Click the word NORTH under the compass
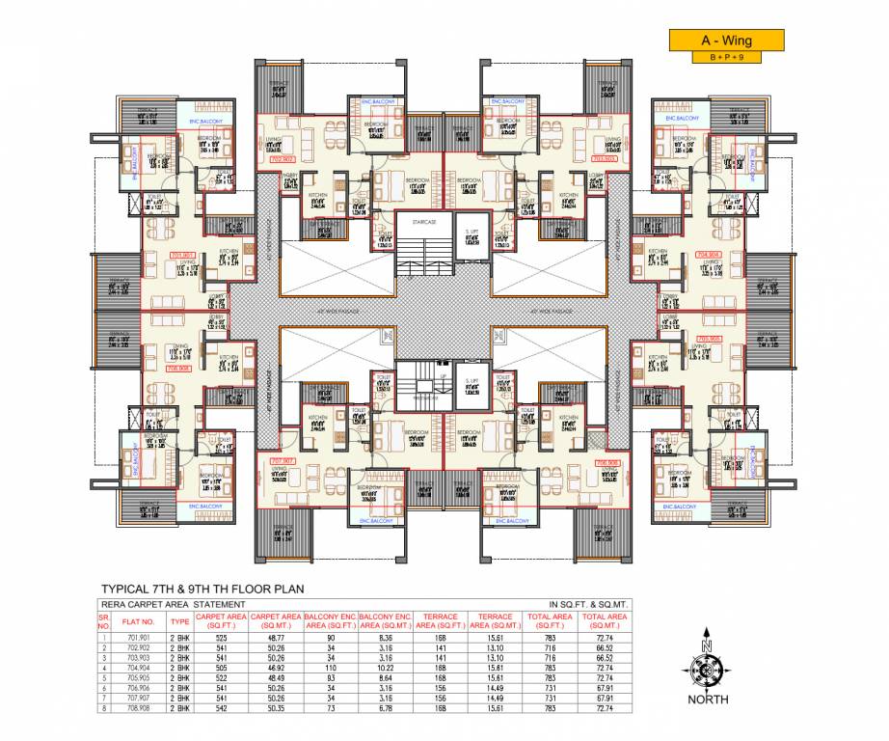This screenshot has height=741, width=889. point(709,699)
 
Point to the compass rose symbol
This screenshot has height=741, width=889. point(708,666)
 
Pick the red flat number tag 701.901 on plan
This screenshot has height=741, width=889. point(182,256)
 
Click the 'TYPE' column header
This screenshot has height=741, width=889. point(179,620)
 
